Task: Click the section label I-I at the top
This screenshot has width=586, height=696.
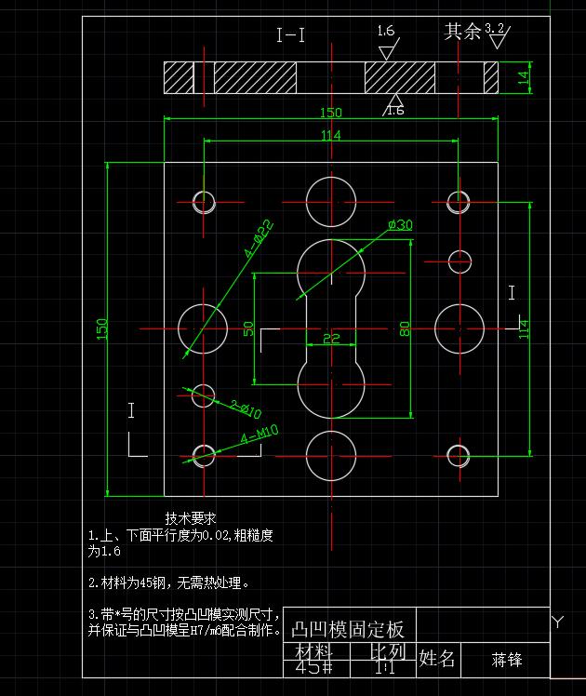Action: click(x=291, y=36)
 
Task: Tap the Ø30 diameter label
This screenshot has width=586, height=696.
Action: click(x=400, y=225)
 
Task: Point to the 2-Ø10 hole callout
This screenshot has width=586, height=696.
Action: click(x=246, y=408)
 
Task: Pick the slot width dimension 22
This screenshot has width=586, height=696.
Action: click(x=331, y=340)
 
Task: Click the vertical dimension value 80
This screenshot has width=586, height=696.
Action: click(x=405, y=328)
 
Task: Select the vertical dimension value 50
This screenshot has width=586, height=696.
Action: click(x=248, y=328)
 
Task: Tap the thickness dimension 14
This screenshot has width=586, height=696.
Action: click(x=523, y=77)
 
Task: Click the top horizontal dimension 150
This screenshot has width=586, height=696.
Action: click(x=330, y=113)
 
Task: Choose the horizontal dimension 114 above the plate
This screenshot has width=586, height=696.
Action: click(x=330, y=136)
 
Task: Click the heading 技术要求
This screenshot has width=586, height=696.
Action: click(x=191, y=518)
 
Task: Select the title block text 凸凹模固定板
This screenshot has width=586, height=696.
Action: click(x=349, y=630)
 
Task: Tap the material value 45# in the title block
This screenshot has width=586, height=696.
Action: click(x=313, y=667)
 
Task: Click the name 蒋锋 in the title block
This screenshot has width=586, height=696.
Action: click(x=507, y=660)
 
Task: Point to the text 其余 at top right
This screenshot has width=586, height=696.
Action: click(x=462, y=32)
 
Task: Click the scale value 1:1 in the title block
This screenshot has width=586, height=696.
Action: click(x=382, y=667)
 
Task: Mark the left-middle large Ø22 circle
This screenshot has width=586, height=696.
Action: click(x=203, y=328)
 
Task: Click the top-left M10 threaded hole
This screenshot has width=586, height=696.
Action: click(x=204, y=200)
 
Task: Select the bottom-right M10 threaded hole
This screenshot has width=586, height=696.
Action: click(x=458, y=455)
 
